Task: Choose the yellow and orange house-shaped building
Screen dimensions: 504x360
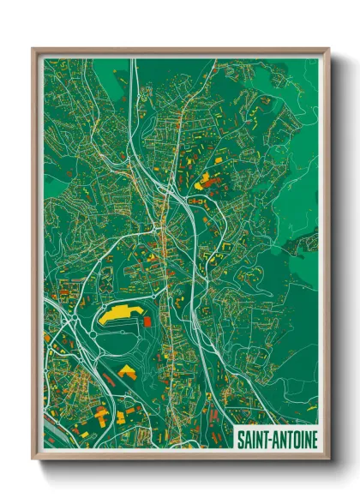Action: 128,371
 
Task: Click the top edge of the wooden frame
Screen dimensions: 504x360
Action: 180,51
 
